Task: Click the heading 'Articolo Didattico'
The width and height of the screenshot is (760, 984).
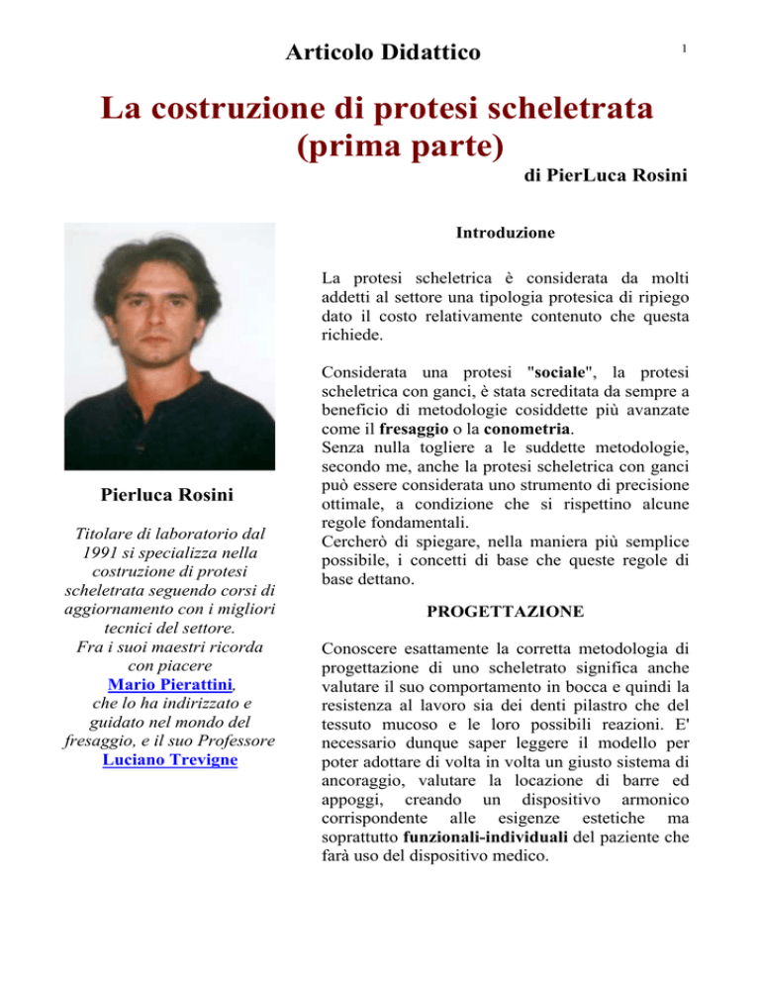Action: (x=380, y=49)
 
